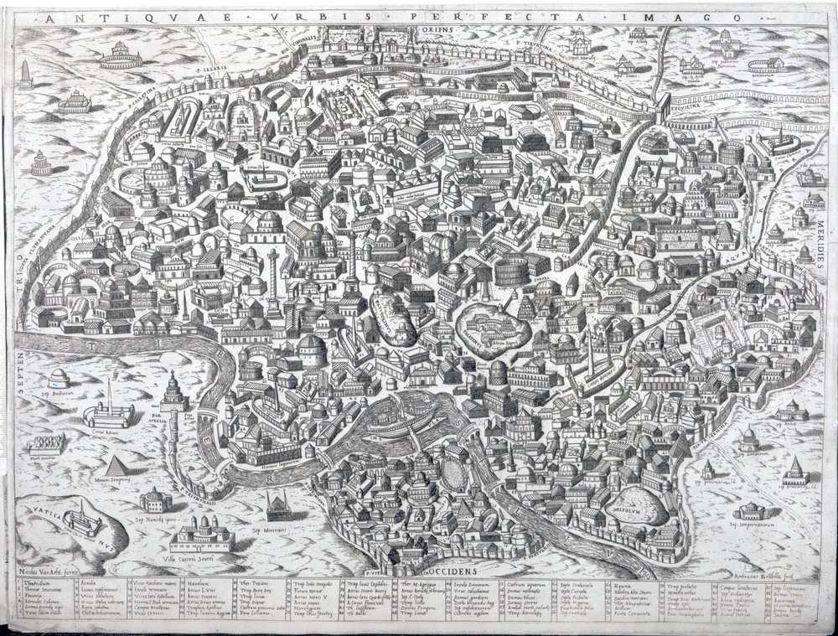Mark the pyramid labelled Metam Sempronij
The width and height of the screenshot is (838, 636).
[x=117, y=467]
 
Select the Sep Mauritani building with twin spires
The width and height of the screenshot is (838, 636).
[x=278, y=506]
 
